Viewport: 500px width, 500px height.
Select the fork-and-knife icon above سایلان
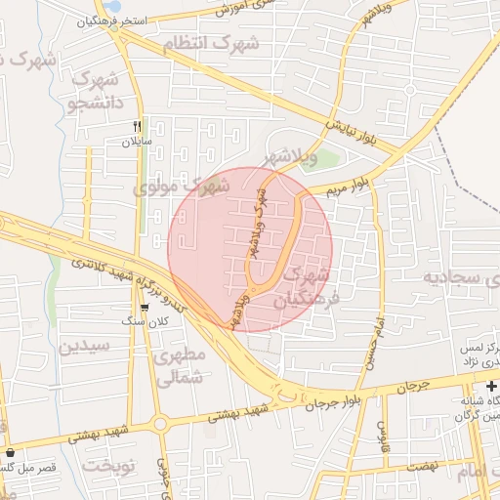pos(138,126)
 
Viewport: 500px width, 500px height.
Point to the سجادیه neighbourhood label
pos(459,278)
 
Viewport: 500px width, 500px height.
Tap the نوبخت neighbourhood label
pos(108,466)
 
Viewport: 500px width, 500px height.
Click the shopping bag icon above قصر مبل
pos(11,453)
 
